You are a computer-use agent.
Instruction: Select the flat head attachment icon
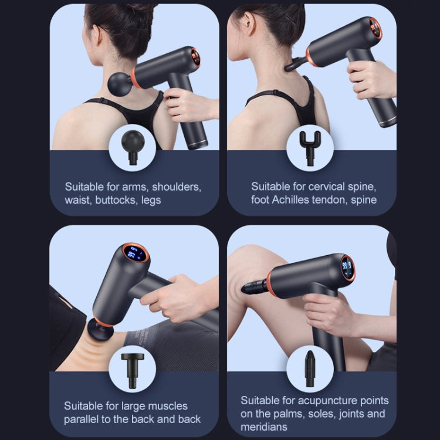pyautogui.click(x=132, y=367)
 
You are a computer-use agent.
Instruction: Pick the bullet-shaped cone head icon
pyautogui.click(x=310, y=367)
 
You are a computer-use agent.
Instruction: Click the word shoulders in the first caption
pyautogui.click(x=175, y=187)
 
